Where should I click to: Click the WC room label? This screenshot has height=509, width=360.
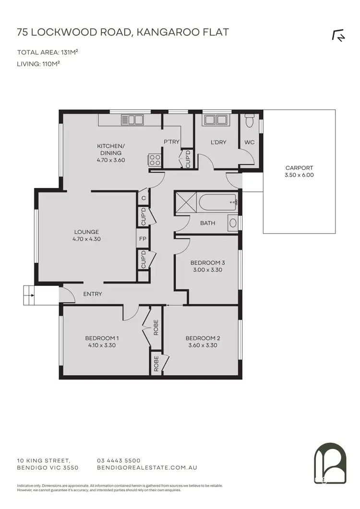click(x=250, y=142)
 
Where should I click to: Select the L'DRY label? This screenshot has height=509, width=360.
click(x=218, y=142)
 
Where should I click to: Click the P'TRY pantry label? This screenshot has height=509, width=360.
click(x=171, y=142)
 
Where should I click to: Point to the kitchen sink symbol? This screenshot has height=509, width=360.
click(x=132, y=119)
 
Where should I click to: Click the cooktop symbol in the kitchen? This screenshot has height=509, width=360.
click(x=155, y=160)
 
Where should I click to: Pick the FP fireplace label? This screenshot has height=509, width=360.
click(x=143, y=238)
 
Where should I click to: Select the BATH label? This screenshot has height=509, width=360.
click(x=208, y=223)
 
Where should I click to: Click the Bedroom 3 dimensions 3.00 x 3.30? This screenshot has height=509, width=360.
click(x=208, y=270)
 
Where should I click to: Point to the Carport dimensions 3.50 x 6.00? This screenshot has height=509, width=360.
click(x=299, y=175)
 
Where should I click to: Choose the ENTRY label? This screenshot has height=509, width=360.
click(x=93, y=294)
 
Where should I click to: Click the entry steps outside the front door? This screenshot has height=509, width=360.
click(x=28, y=294)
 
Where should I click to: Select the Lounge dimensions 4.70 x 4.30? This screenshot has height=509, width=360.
click(x=86, y=239)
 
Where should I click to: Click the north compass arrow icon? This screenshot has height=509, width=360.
click(x=338, y=36)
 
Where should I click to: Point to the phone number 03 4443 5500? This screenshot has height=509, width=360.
click(x=119, y=460)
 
